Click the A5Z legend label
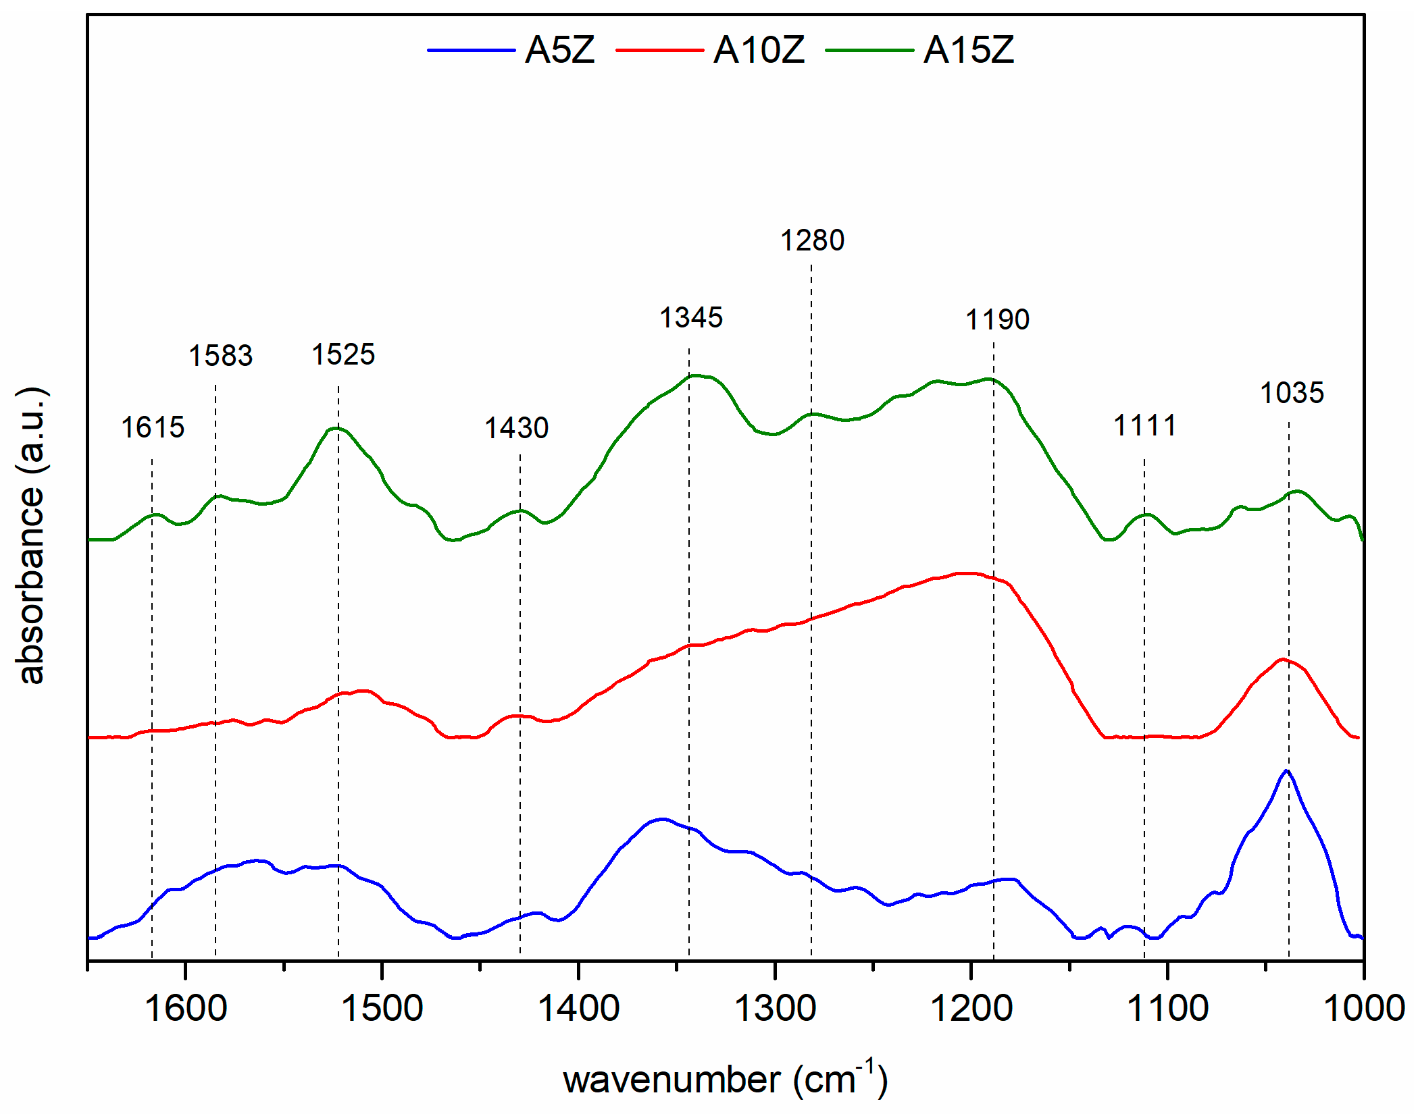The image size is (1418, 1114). (559, 50)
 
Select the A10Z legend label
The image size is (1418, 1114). (759, 50)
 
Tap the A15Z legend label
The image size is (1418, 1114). (968, 50)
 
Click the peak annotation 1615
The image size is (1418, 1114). (153, 427)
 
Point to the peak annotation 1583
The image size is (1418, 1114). (220, 356)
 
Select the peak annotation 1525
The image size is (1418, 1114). (343, 354)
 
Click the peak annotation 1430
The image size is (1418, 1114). (517, 428)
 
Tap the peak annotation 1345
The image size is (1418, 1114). (691, 317)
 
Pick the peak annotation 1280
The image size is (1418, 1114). (812, 240)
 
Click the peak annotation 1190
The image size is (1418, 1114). (997, 319)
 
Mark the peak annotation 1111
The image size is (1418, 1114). (1144, 425)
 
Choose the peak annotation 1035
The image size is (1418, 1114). (1292, 393)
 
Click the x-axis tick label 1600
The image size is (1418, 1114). (186, 1009)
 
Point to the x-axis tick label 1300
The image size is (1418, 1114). (775, 1009)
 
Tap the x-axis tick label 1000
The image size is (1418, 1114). (1363, 1009)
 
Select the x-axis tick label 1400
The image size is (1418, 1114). (578, 1009)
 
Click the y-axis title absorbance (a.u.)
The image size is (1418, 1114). (30, 535)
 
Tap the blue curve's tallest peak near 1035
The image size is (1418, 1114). (1287, 770)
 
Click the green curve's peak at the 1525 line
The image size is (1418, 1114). (336, 427)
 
